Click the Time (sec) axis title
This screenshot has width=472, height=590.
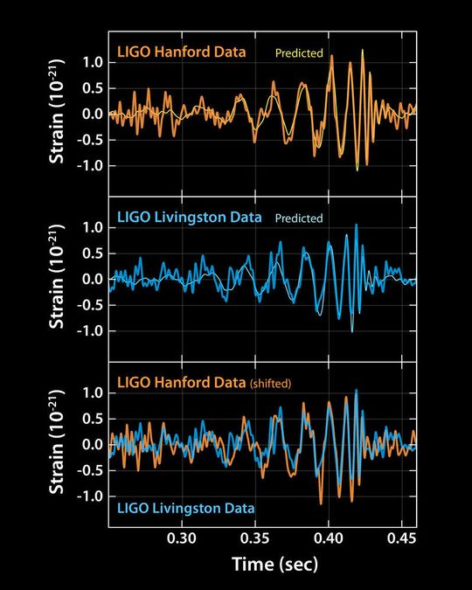pyautogui.click(x=274, y=566)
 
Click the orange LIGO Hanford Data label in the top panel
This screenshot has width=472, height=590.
pyautogui.click(x=182, y=53)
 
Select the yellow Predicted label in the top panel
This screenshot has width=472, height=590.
pyautogui.click(x=300, y=53)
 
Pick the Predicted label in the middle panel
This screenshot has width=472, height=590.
pyautogui.click(x=299, y=219)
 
